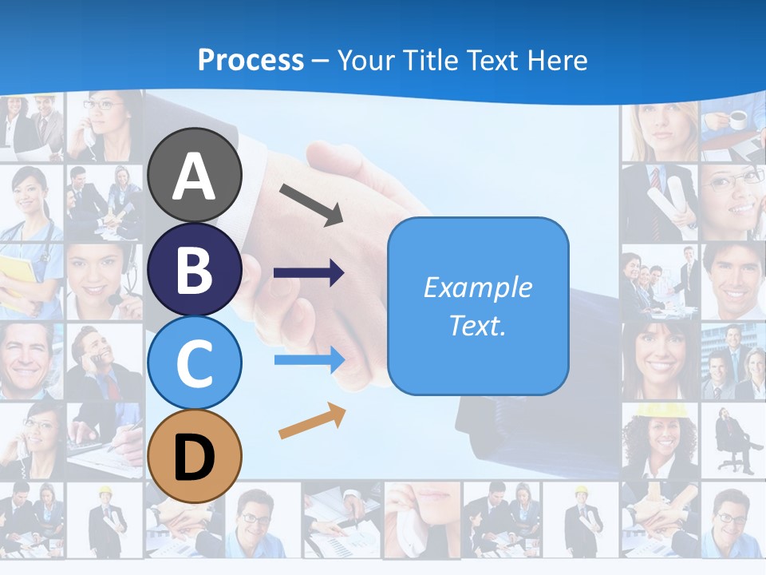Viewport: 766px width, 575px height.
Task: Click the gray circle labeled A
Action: (194, 175)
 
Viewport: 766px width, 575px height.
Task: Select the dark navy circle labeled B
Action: (194, 269)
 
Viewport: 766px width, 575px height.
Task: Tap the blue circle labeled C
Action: (194, 363)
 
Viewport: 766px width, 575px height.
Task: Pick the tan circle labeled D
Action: (194, 456)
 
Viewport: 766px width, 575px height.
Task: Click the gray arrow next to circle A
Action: (311, 204)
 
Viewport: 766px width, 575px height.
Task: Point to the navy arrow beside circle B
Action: (309, 274)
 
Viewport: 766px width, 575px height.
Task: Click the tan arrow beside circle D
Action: (312, 422)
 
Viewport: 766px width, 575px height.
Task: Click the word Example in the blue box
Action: (477, 287)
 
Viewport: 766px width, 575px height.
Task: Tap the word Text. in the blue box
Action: (477, 326)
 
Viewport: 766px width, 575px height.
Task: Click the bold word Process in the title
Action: (251, 60)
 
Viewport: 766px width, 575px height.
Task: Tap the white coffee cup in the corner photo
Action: (737, 119)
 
